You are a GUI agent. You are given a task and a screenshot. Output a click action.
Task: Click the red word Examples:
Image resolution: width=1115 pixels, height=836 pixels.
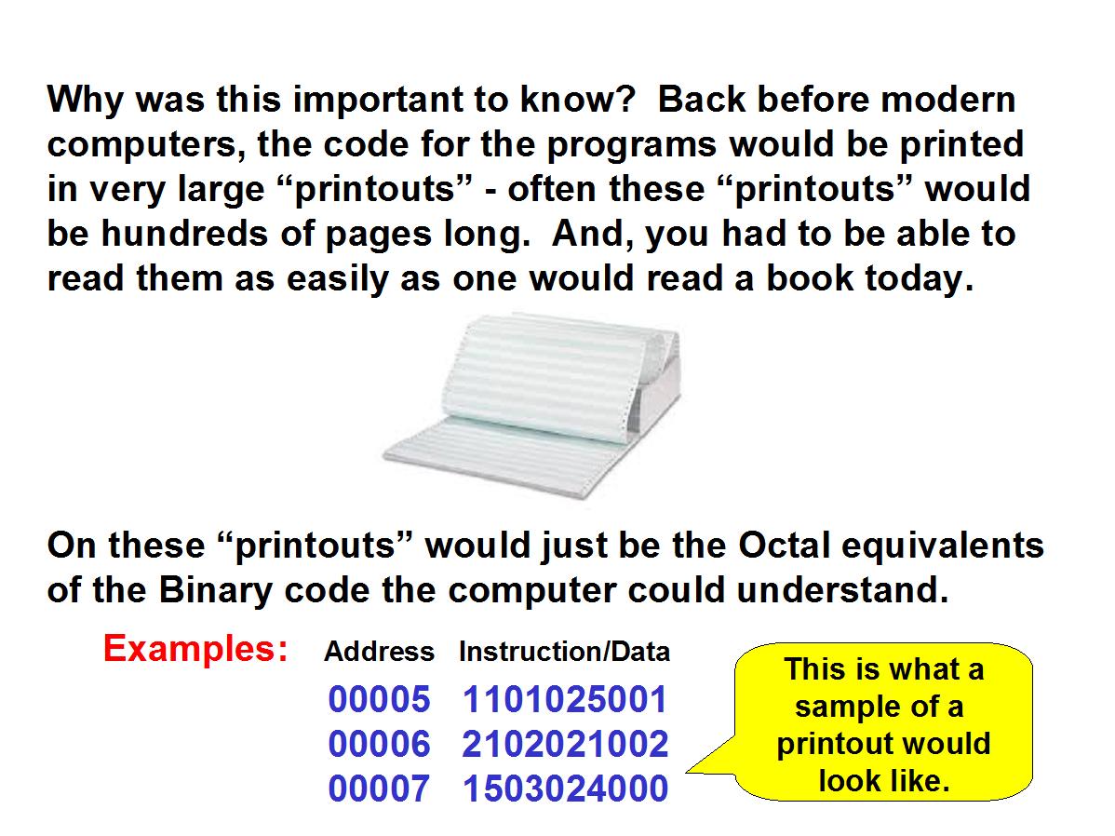click(195, 650)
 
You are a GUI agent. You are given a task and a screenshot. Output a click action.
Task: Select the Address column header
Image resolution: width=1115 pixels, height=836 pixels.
click(379, 652)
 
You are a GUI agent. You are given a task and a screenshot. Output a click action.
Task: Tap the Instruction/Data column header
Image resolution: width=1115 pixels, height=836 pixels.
click(565, 652)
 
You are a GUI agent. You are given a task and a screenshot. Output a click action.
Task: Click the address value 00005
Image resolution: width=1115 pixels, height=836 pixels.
click(379, 699)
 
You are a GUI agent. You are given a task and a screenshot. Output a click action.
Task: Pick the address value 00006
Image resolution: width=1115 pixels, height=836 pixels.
click(379, 744)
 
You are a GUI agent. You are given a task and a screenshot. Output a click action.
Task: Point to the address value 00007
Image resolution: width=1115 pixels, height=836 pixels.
click(379, 789)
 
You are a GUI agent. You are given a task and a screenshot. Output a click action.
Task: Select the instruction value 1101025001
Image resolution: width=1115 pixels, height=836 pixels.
click(565, 699)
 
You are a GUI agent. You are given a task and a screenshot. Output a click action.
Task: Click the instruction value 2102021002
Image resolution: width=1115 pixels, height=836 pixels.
click(565, 744)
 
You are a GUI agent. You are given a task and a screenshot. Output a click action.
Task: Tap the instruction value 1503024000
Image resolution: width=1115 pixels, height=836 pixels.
click(565, 789)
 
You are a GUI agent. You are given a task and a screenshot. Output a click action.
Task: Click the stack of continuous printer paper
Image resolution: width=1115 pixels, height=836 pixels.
click(531, 406)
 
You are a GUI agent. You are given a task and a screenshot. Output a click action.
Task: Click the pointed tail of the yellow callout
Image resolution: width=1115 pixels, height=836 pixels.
click(687, 771)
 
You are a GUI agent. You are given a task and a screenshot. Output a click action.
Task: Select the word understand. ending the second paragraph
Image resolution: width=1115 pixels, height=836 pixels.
click(842, 590)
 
